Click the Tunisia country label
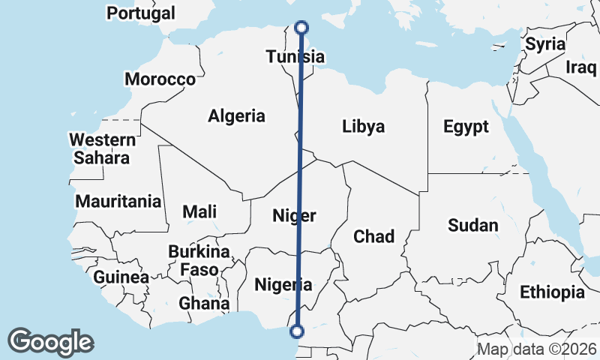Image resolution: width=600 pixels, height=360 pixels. pos(295,57)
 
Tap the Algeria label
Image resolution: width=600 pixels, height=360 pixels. pos(236,116)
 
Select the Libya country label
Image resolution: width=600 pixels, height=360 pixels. pos(363,126)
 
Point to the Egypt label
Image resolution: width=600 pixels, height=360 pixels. pos(465,126)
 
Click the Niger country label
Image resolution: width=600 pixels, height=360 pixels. pos(293,216)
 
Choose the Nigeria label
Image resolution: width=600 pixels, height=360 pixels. pos(283,284)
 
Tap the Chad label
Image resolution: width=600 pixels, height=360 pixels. pos(373,237)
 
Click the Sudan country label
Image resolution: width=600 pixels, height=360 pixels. pos(472,225)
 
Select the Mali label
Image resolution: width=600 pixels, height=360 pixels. pos(199,211)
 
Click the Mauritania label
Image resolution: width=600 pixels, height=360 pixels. pos(118,201)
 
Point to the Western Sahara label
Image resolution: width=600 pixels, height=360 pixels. pos(102,148)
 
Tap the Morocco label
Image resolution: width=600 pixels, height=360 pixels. pos(160,79)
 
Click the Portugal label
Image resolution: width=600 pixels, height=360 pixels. pos(141,13)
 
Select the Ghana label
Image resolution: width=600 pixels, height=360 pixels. pos(203,303)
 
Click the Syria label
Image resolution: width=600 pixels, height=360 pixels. pos(544,43)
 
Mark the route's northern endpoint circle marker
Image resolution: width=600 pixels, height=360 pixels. pos(301,28)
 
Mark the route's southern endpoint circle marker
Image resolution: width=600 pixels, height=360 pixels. pos(297,331)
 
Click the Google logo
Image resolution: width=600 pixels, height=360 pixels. pos(51,342)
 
